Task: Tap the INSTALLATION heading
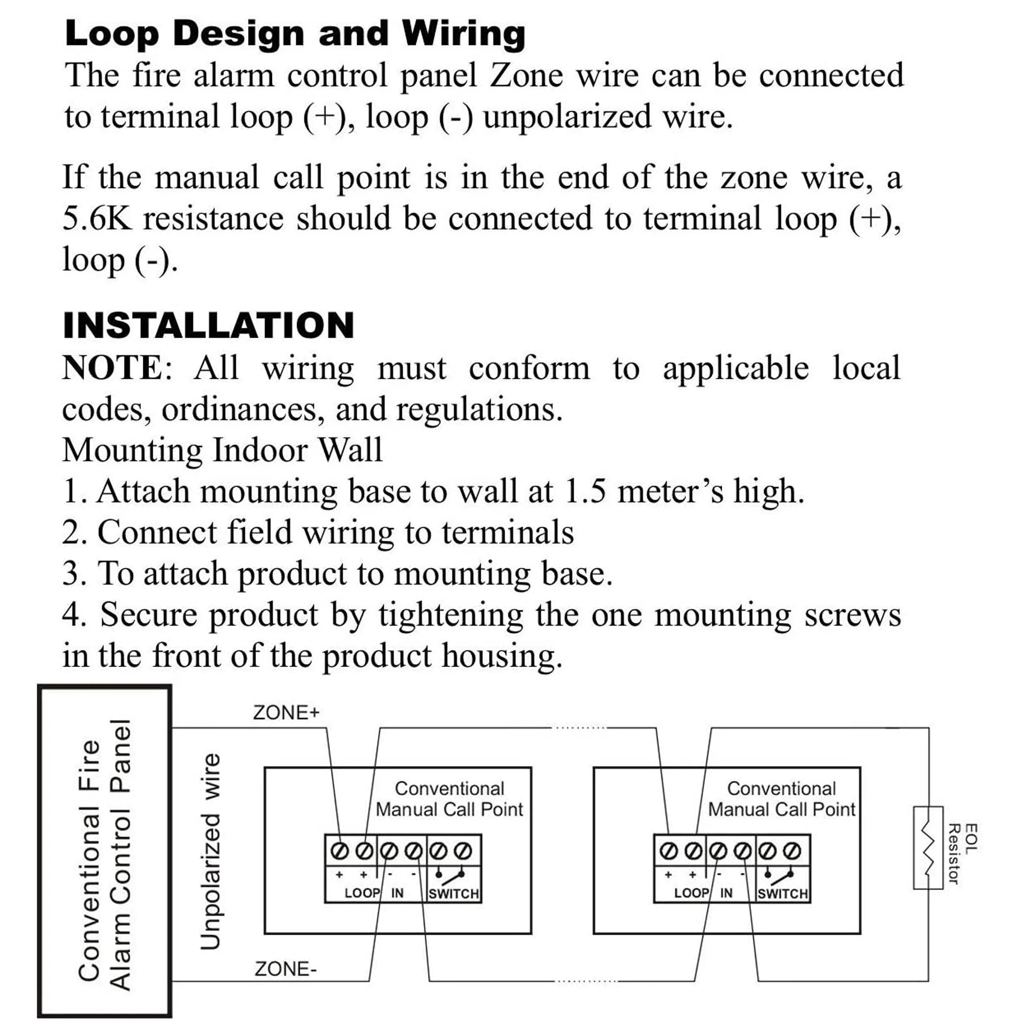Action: pos(208,325)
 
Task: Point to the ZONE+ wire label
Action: pos(286,712)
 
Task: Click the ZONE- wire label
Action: pos(285,969)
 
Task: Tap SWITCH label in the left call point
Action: pos(454,894)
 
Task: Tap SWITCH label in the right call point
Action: pos(782,894)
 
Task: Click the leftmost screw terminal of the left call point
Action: pos(338,851)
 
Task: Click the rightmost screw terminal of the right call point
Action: pos(793,851)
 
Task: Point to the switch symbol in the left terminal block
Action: pos(450,875)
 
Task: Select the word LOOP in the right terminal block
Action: pos(690,893)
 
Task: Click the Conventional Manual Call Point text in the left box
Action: pos(449,799)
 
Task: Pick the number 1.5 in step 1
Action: pos(584,491)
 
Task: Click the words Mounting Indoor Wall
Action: pos(222,450)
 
